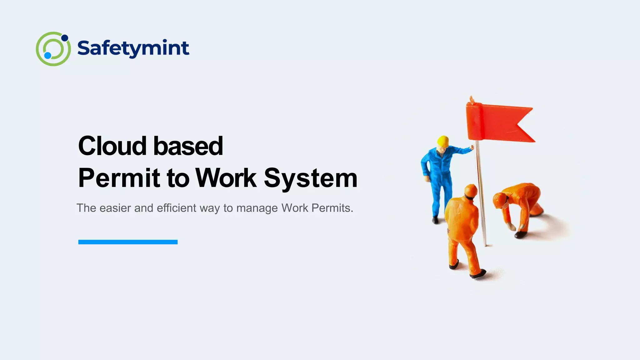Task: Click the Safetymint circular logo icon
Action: pos(53,49)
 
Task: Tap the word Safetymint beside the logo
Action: pos(133,48)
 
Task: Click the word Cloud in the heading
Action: pos(112,146)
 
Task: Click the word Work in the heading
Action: pos(226,178)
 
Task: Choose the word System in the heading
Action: pos(311,178)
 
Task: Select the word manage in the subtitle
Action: pos(257,208)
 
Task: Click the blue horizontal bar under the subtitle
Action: pos(128,242)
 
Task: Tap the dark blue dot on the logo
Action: pos(65,38)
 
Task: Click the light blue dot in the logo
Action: pos(47,55)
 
